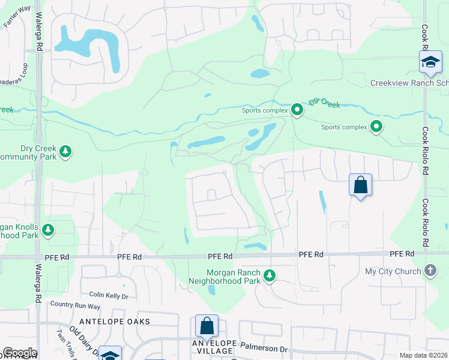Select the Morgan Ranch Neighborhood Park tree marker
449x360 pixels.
point(271,275)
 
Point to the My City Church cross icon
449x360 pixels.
point(430,271)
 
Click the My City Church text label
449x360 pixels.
point(393,272)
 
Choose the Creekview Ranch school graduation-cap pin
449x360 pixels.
point(430,63)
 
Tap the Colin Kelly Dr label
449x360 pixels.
point(109,296)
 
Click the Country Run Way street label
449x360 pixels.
point(75,305)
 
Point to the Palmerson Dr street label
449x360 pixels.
point(265,348)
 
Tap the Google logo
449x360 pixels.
point(19,353)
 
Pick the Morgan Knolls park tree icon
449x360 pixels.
point(48,229)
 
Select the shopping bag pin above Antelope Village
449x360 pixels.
point(206,326)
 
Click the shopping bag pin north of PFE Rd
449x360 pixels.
point(360,185)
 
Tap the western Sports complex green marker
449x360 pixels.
point(297,110)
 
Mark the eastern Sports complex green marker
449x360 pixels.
point(376,127)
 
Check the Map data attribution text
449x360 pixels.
point(423,355)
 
